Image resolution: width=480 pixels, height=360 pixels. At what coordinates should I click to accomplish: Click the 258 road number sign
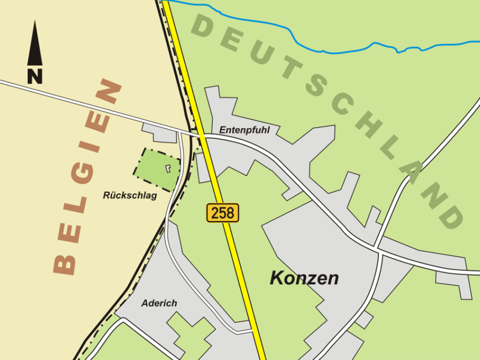click(x=223, y=212)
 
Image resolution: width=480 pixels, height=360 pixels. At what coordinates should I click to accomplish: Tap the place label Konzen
click(x=304, y=278)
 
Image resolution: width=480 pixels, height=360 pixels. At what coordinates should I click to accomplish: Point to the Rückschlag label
click(x=130, y=195)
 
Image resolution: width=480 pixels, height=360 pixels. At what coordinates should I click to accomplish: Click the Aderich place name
click(x=159, y=303)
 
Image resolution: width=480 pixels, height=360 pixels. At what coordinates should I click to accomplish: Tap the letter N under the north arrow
click(x=35, y=76)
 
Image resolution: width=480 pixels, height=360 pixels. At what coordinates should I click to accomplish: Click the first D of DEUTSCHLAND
click(x=204, y=26)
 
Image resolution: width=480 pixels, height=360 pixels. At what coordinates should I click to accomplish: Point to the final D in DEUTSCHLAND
click(x=449, y=217)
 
